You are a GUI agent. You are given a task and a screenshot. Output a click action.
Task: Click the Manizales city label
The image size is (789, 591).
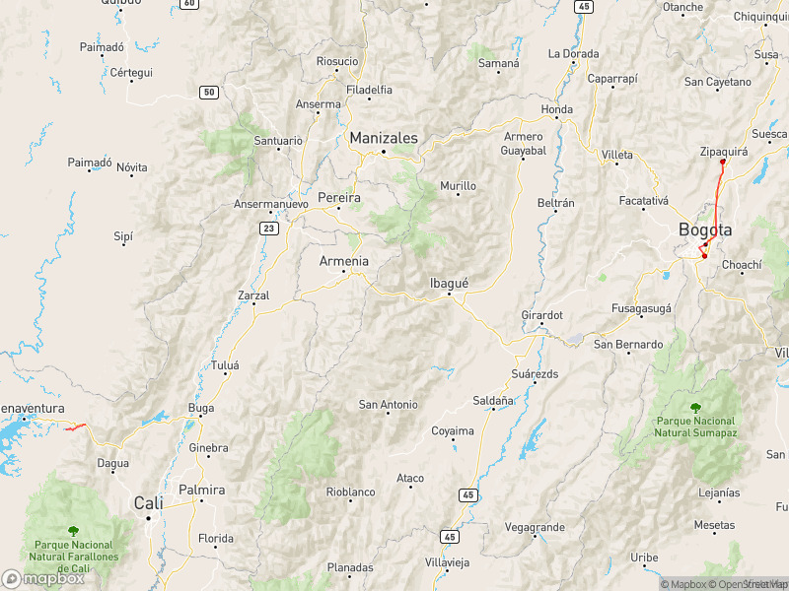(x=384, y=138)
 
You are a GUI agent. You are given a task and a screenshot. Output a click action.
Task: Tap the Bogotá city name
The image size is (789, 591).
(x=705, y=230)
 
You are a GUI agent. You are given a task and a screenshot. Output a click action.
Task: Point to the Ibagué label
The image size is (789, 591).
(x=449, y=283)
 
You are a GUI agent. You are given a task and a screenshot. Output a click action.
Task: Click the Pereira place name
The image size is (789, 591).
(x=338, y=198)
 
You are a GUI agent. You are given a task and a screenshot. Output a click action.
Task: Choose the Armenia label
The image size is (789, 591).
(x=344, y=261)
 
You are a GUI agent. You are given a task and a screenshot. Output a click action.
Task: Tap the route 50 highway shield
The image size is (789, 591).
(x=208, y=93)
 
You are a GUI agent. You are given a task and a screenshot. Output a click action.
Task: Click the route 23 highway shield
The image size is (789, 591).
(x=268, y=228)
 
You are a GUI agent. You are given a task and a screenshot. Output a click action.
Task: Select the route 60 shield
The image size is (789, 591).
(x=189, y=4)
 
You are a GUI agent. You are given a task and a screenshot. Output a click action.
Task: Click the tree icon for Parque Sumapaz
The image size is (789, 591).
(x=696, y=407)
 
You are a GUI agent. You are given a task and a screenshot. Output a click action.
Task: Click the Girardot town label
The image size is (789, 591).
(x=541, y=315)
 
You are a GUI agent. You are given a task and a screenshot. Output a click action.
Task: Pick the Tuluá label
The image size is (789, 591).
(x=226, y=365)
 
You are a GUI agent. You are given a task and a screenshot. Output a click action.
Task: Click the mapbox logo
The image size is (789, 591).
(x=42, y=579)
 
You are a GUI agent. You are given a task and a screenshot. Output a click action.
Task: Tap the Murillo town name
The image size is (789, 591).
(x=458, y=185)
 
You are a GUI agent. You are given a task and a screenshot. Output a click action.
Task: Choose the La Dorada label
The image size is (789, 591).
(x=574, y=53)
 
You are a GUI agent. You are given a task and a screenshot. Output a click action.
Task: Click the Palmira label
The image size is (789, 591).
(x=202, y=490)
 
